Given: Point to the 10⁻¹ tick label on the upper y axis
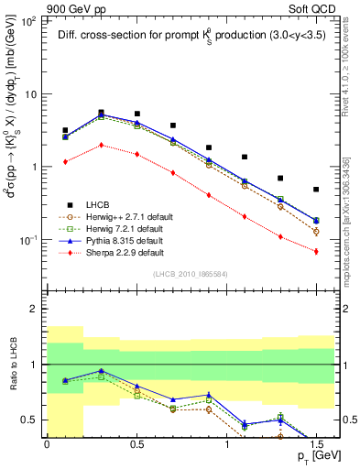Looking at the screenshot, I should pyautogui.click(x=28, y=239).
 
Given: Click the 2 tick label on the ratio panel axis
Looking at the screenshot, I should pyautogui.click(x=36, y=310).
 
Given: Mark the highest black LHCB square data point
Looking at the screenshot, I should pyautogui.click(x=101, y=113).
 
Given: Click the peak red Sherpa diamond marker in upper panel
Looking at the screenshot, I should pyautogui.click(x=101, y=145).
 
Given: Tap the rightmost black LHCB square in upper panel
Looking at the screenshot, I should pyautogui.click(x=316, y=190).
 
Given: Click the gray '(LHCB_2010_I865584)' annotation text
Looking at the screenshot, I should pyautogui.click(x=191, y=274).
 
